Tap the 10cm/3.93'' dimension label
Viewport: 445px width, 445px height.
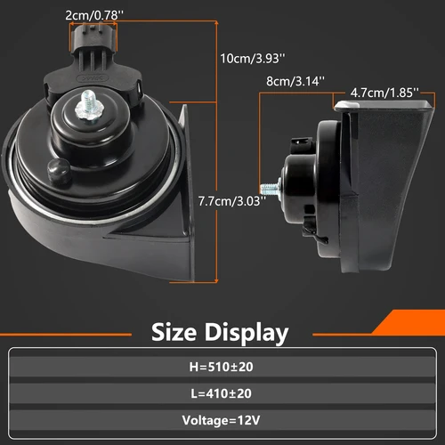point(254,58)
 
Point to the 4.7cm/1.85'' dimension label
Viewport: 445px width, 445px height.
point(384,91)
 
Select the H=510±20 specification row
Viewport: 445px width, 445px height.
point(222,365)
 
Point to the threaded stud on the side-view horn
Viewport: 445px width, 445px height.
point(268,189)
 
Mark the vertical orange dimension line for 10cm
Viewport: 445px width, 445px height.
point(216,133)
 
